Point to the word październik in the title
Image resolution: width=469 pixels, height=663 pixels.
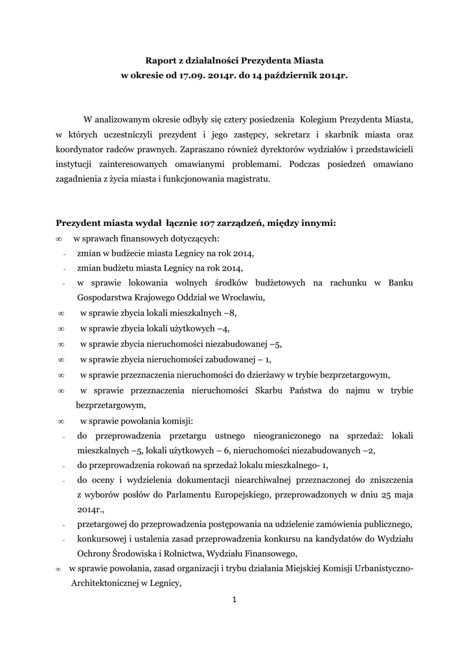(x=291, y=76)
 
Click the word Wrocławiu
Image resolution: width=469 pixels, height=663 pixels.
(x=244, y=298)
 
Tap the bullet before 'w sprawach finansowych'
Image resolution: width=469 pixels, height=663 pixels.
(x=59, y=239)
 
